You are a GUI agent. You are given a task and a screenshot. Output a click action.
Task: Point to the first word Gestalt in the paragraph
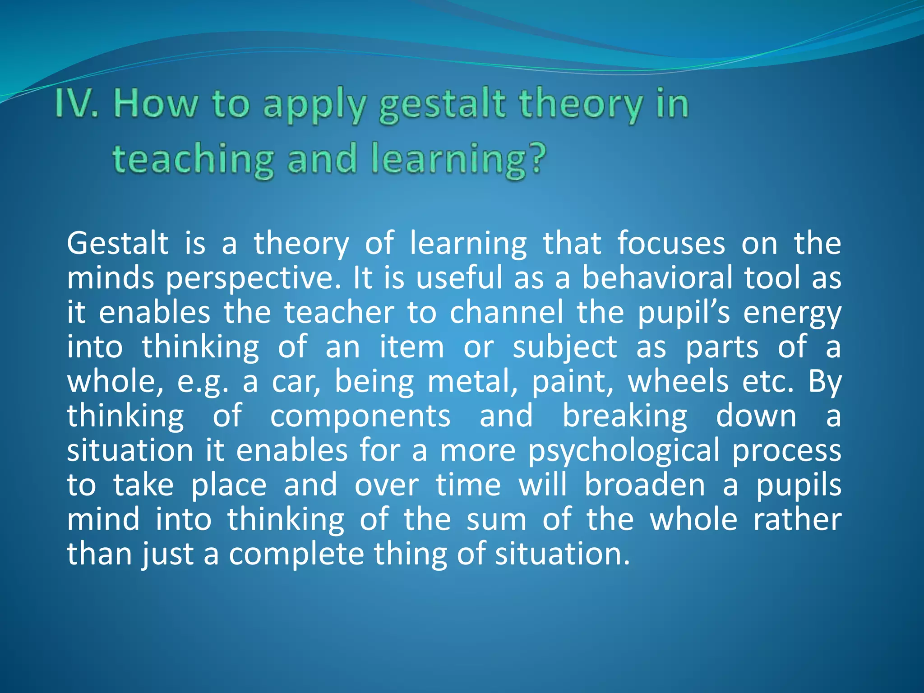(x=118, y=244)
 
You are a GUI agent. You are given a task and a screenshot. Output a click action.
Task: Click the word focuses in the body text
(x=671, y=244)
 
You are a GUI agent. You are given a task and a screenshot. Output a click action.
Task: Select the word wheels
(x=678, y=382)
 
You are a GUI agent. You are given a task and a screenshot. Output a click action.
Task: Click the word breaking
(x=625, y=417)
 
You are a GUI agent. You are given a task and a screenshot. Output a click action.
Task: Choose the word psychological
(x=624, y=452)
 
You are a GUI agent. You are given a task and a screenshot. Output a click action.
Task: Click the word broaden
(x=645, y=485)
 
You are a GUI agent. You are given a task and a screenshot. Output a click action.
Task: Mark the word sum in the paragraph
(x=496, y=520)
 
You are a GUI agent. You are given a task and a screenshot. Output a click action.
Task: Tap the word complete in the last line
(x=296, y=554)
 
